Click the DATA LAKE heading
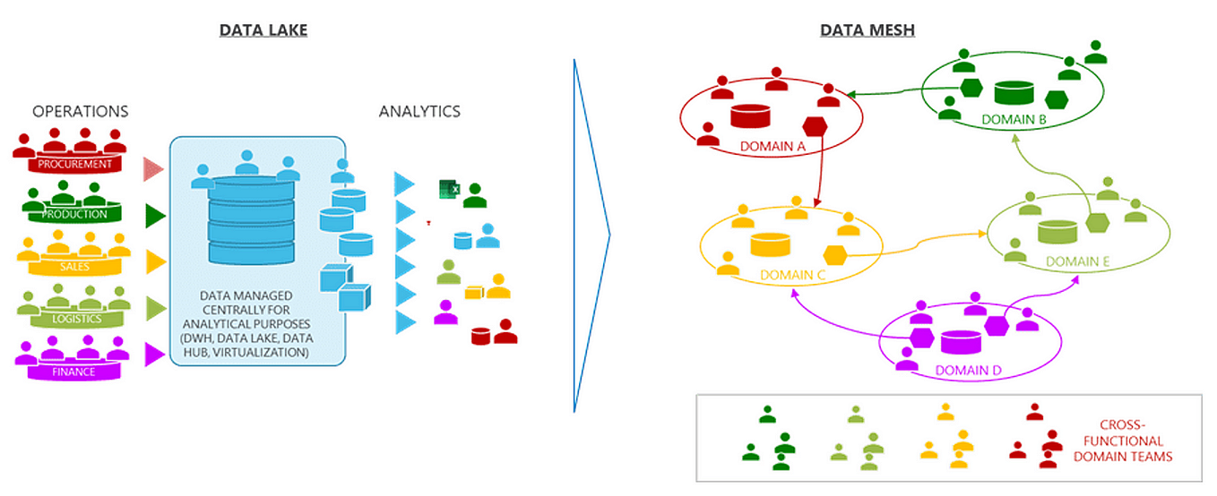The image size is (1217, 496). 263,31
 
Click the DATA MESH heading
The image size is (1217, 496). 867,31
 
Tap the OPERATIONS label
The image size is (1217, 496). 81,112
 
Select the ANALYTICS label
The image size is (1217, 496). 419,112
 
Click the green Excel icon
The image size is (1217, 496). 448,189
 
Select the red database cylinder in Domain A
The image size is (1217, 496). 750,116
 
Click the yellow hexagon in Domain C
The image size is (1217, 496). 836,255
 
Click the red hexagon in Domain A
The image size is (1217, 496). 815,127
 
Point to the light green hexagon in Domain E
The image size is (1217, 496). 1096,223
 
